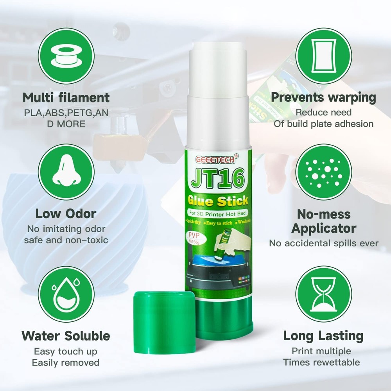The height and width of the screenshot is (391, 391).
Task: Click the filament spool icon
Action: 66,57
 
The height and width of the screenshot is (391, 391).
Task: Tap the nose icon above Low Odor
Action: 66,172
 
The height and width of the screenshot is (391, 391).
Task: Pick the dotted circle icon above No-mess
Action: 323,172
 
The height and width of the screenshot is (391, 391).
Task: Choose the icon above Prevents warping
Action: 323,57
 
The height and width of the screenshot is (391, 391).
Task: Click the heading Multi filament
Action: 66,97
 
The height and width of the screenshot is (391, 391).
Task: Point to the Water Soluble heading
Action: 66,335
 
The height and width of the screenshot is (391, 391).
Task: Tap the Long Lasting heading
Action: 323,335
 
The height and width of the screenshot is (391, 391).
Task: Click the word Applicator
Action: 323,228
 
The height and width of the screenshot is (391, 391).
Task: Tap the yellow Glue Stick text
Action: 218,201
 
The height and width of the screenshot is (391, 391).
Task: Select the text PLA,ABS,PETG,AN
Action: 66,113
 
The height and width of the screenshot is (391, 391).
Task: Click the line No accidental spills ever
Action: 323,243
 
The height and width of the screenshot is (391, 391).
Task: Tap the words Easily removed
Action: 66,362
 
